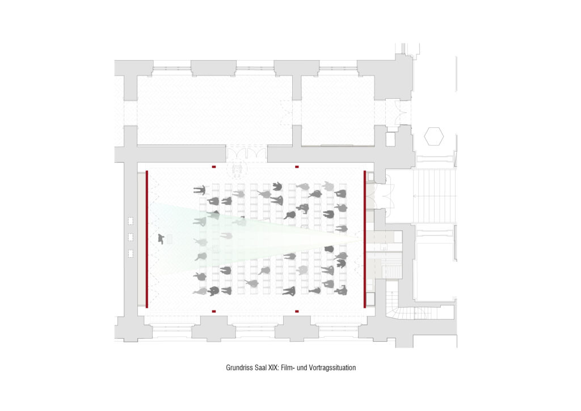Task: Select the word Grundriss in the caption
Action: (239, 368)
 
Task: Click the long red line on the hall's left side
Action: (147, 239)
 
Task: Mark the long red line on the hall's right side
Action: (365, 239)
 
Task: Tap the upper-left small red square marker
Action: (214, 167)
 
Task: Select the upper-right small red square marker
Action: (297, 167)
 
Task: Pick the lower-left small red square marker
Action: (214, 311)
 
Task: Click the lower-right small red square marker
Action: (297, 311)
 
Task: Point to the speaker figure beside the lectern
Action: (161, 239)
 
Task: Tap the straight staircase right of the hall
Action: (434, 196)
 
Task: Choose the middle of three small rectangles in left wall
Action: (131, 237)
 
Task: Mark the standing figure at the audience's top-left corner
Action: (200, 190)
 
